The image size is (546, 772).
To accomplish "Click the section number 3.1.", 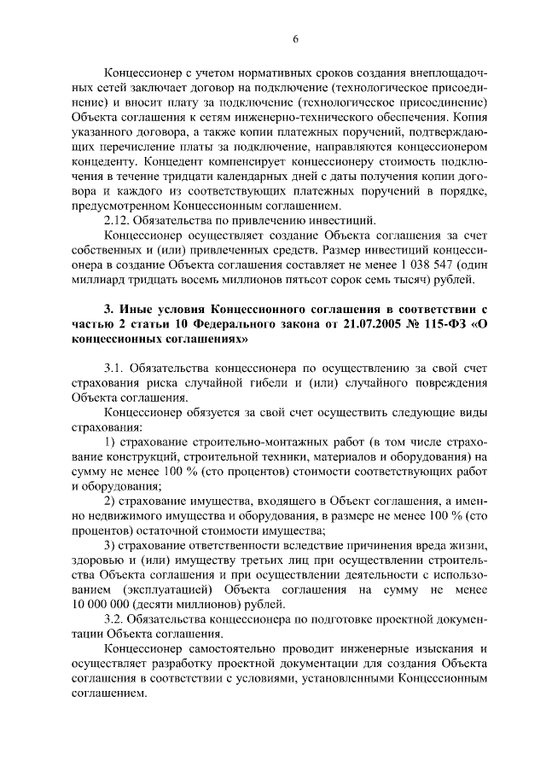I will tap(114, 369).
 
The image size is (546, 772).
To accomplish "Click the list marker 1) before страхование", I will tap(109, 442).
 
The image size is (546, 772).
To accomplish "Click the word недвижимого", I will tap(106, 516).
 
